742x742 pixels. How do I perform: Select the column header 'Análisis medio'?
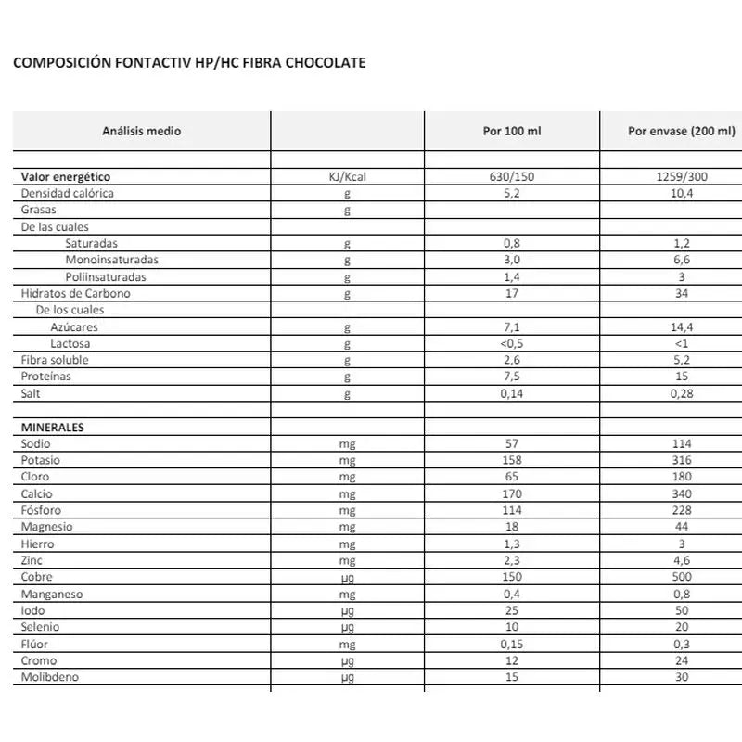pos(141,132)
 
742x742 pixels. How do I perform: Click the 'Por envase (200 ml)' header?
pos(681,132)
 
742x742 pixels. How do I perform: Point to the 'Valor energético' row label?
pos(66,176)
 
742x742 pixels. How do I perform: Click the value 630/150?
pos(511,176)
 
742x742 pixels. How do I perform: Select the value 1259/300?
pos(682,176)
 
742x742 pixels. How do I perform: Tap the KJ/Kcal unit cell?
pos(348,176)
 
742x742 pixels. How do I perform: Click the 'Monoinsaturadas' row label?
pos(111,260)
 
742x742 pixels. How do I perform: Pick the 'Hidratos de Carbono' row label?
pos(76,293)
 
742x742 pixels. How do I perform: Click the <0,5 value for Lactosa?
pos(511,343)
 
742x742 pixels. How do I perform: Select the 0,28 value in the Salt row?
pos(682,393)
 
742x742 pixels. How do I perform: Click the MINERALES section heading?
pos(53,428)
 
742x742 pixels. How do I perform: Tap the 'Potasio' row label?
pos(41,460)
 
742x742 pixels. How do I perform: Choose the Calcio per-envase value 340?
pos(682,493)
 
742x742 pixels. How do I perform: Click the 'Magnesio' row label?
pos(46,527)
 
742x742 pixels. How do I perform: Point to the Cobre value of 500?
pos(682,577)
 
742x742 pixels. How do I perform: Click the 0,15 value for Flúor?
pos(511,644)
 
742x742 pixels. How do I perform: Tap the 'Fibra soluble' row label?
pos(56,360)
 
